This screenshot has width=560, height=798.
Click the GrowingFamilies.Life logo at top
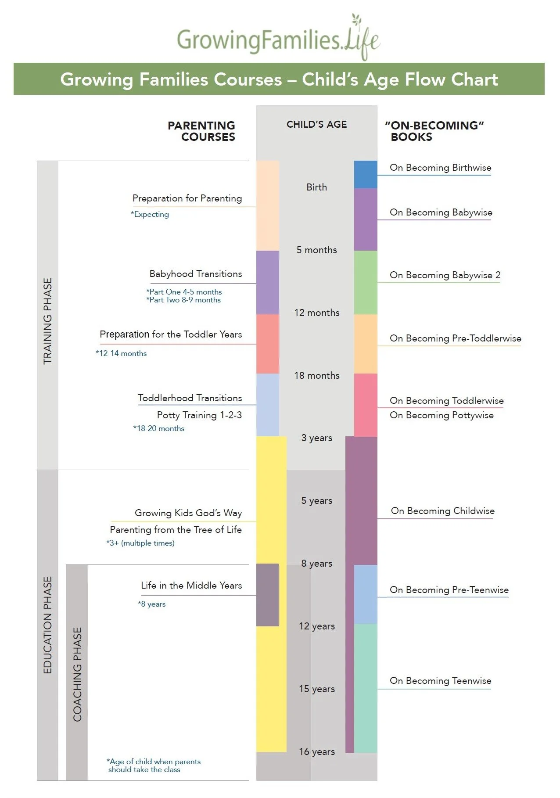pyautogui.click(x=278, y=39)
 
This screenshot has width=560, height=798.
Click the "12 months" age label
pyautogui.click(x=316, y=313)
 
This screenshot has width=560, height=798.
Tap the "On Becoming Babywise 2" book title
pyautogui.click(x=445, y=275)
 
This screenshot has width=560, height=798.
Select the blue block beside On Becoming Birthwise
pyautogui.click(x=365, y=174)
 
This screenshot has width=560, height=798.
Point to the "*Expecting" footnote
pyautogui.click(x=150, y=214)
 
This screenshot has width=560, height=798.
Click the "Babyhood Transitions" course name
pyautogui.click(x=195, y=274)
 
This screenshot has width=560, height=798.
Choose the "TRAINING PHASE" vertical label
pyautogui.click(x=47, y=320)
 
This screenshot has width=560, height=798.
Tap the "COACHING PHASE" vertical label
pyautogui.click(x=77, y=674)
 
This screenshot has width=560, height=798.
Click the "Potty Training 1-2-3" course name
pyautogui.click(x=199, y=415)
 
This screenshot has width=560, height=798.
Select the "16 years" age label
pyautogui.click(x=316, y=751)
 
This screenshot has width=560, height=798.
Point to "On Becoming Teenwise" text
pyautogui.click(x=440, y=681)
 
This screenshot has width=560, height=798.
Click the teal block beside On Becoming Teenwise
pyautogui.click(x=365, y=688)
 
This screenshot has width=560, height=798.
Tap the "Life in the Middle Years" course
pyautogui.click(x=191, y=586)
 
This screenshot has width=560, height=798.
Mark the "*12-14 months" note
pyautogui.click(x=121, y=353)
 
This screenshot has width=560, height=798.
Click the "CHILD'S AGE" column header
pyautogui.click(x=316, y=124)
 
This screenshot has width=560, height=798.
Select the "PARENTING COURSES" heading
pyautogui.click(x=202, y=131)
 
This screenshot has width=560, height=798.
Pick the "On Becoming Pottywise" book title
pyautogui.click(x=442, y=415)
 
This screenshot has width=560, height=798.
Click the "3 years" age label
pyautogui.click(x=316, y=438)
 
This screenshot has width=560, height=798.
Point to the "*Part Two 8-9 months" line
pyautogui.click(x=183, y=300)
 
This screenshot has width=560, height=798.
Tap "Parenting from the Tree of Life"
pyautogui.click(x=176, y=530)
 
